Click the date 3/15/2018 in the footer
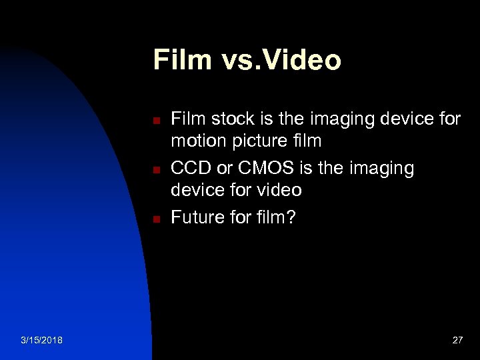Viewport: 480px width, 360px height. pos(41,341)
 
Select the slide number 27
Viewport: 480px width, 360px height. pos(457,341)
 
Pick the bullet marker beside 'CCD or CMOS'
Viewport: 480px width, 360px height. pos(154,170)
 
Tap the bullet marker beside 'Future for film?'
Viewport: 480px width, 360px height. pos(154,219)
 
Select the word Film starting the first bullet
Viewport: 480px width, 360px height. pos(187,119)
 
